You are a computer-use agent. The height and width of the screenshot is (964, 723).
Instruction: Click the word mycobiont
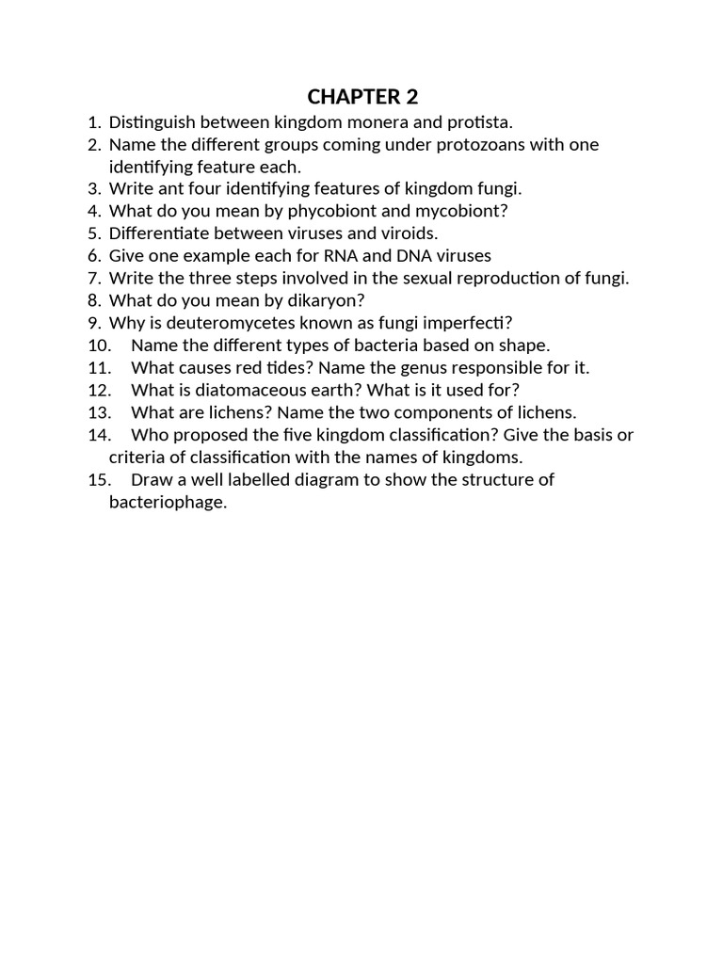tap(464, 211)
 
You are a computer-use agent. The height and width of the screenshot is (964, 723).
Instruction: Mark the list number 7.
tap(93, 278)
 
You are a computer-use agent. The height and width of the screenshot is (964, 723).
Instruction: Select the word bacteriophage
tap(167, 502)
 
